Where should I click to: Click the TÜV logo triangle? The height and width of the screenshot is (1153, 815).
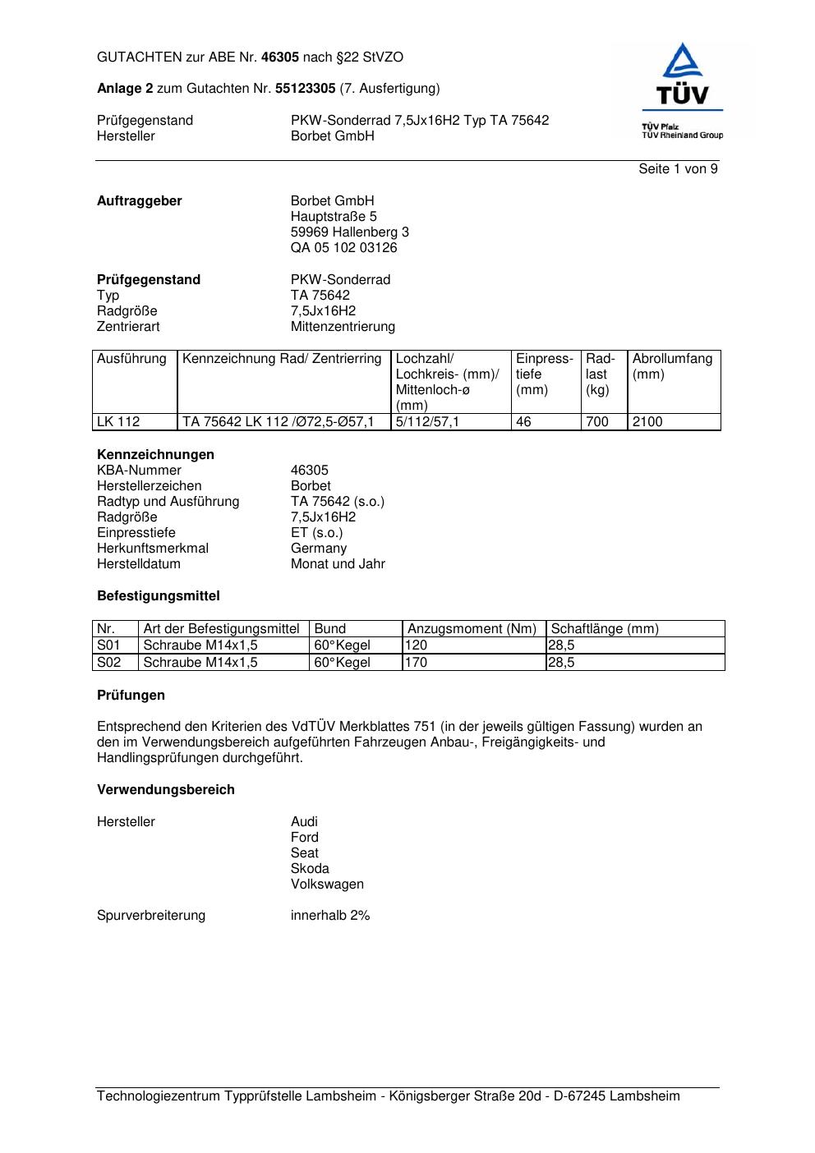click(683, 63)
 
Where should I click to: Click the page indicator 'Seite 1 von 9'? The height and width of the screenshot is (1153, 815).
click(678, 169)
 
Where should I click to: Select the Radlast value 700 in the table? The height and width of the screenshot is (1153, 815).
click(597, 422)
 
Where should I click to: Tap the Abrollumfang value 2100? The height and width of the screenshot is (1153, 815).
click(647, 422)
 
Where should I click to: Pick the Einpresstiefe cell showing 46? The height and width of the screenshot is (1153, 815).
click(523, 422)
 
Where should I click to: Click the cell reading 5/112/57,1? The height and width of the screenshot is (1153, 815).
click(428, 422)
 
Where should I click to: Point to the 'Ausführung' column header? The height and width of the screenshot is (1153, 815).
click(131, 359)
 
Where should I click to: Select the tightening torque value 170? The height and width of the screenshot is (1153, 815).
click(417, 663)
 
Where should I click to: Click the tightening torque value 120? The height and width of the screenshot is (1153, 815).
click(417, 645)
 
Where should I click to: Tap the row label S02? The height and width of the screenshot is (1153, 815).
click(108, 663)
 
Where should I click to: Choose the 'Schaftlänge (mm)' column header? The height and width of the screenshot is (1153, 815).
click(605, 629)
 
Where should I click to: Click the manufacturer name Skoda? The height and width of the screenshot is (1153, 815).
click(310, 869)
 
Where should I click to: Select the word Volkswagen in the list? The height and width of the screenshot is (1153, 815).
click(327, 884)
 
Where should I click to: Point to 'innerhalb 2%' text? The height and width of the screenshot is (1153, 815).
click(330, 916)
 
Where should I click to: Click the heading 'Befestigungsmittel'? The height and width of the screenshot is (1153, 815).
click(159, 596)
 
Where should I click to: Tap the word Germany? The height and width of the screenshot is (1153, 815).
click(319, 549)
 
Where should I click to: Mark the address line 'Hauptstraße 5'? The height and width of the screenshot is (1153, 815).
click(334, 217)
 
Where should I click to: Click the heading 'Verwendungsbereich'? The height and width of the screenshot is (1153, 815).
click(166, 790)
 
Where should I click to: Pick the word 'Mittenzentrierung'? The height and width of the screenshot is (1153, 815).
click(343, 327)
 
